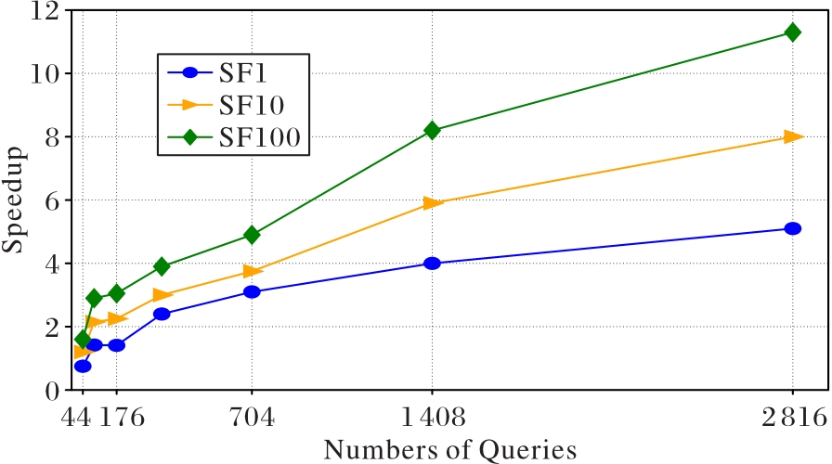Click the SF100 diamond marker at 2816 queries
click(792, 32)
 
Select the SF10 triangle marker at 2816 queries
click(792, 136)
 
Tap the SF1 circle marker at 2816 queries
click(792, 228)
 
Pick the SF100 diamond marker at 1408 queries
click(432, 131)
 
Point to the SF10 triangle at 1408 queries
click(432, 203)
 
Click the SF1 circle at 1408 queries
click(432, 264)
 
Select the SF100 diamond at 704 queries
click(252, 235)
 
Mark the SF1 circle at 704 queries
click(252, 292)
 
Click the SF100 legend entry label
click(264, 138)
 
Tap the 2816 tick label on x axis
click(792, 416)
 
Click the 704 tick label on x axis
click(252, 416)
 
